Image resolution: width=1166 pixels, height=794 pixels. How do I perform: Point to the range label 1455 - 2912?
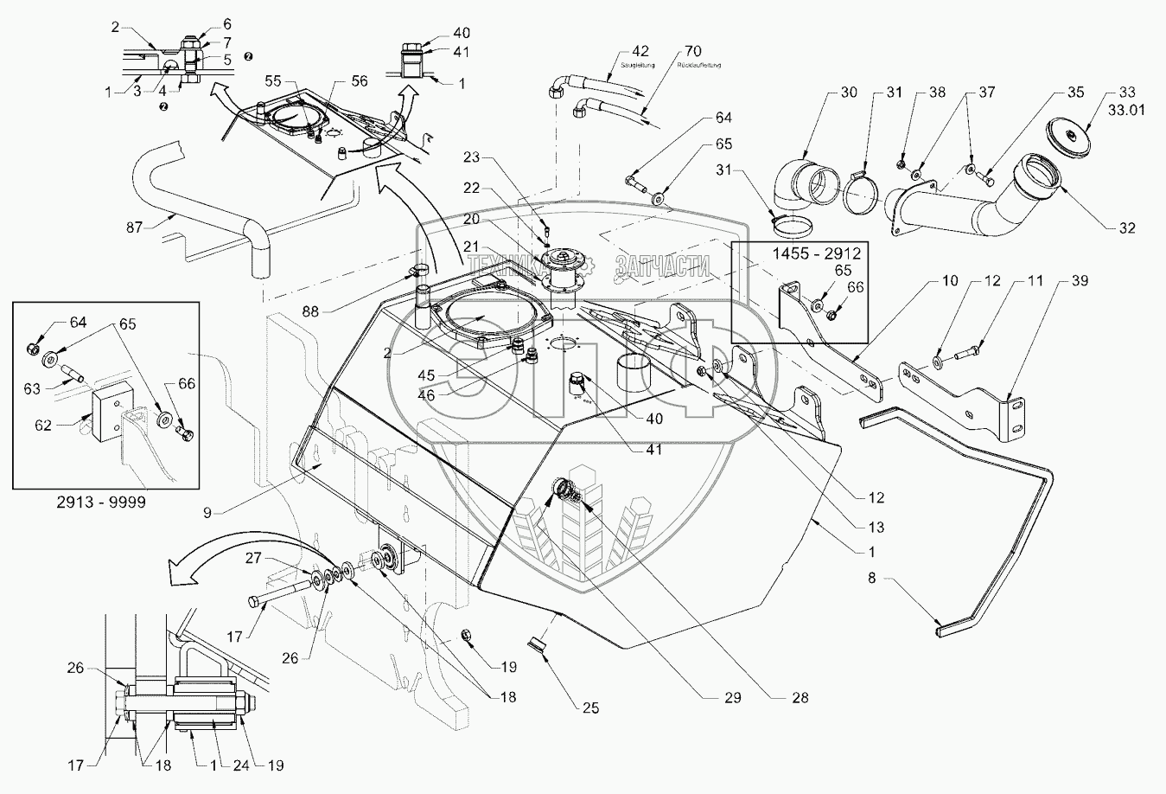click(x=799, y=255)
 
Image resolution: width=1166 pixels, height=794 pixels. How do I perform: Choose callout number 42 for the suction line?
click(x=640, y=51)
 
